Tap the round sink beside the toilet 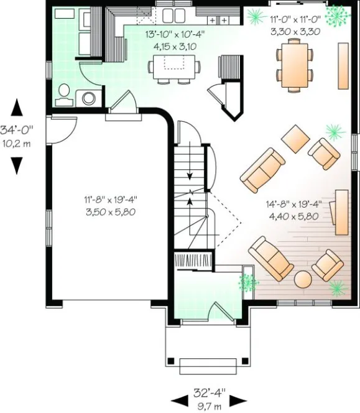(x=90, y=97)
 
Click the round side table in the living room (x=303, y=279)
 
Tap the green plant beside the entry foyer (x=247, y=283)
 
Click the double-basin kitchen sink (x=174, y=16)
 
